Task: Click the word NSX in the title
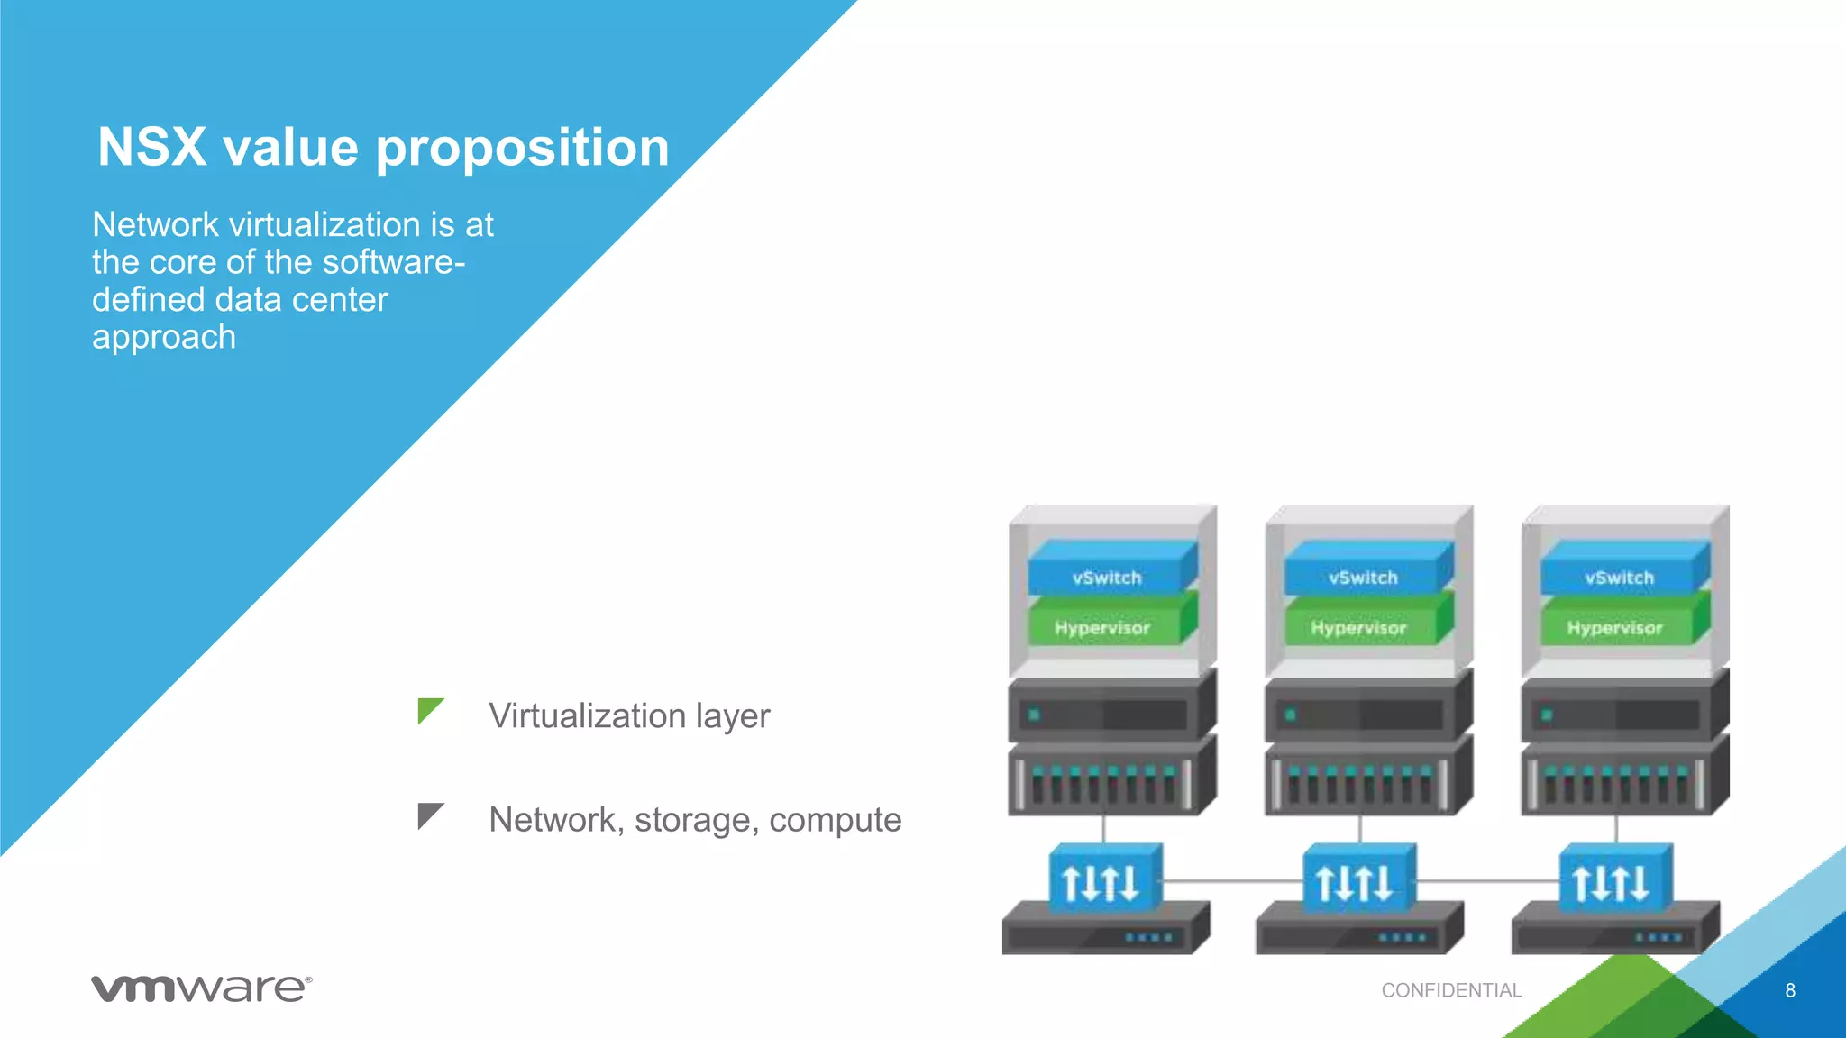[x=151, y=147]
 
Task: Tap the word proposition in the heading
[x=522, y=149]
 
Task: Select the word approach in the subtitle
[x=164, y=337]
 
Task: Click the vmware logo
[x=201, y=988]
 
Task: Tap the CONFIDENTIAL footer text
[x=1451, y=990]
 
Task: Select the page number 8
[x=1790, y=990]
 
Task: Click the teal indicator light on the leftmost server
[x=1034, y=715]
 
